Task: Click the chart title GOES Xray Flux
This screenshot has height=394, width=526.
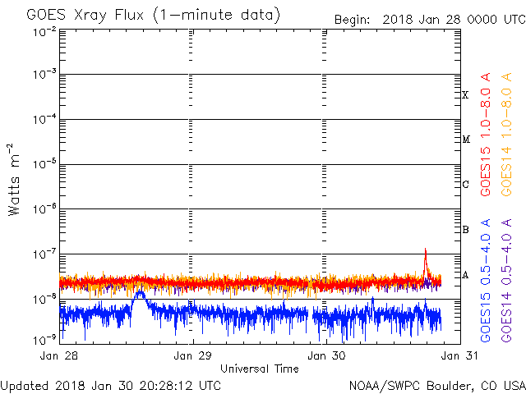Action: tap(85, 16)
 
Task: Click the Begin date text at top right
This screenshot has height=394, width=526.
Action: tap(430, 20)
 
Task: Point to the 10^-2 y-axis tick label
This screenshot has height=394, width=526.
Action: tap(44, 33)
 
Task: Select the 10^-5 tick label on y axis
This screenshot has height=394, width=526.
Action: tap(44, 164)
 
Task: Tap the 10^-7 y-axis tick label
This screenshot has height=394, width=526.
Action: tap(44, 254)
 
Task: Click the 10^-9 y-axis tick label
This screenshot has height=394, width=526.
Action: tap(44, 341)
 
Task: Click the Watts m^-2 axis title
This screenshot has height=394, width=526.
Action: tap(14, 180)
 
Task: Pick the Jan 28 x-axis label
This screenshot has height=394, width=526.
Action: tap(59, 355)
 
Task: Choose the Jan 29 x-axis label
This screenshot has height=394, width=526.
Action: tap(192, 355)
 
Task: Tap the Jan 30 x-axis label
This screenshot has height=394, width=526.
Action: tap(326, 355)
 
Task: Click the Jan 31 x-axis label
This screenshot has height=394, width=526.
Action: tap(459, 355)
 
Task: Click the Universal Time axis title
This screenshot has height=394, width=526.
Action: tap(260, 369)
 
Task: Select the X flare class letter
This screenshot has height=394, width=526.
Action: tap(465, 95)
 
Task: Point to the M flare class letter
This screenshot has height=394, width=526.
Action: tap(466, 139)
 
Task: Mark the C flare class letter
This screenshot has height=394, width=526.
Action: tap(465, 184)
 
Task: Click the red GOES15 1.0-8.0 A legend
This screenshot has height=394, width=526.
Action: tap(486, 135)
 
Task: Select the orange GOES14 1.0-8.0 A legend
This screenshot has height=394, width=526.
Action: tap(506, 135)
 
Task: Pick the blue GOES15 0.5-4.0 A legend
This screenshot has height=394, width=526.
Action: tap(486, 281)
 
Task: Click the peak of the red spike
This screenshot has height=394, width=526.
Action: tap(426, 249)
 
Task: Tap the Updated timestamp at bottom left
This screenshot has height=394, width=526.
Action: tap(111, 386)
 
